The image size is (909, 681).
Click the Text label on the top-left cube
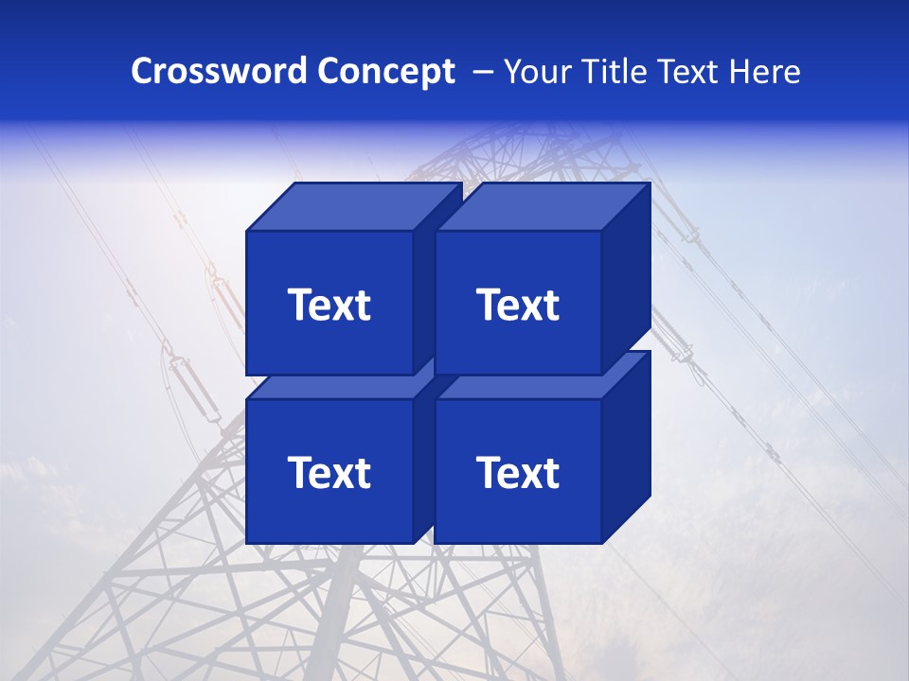pyautogui.click(x=329, y=305)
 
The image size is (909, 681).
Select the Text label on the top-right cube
pyautogui.click(x=517, y=305)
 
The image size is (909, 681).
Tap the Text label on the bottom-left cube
pyautogui.click(x=329, y=473)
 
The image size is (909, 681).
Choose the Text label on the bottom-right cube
pyautogui.click(x=517, y=473)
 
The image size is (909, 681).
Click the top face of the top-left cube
pyautogui.click(x=352, y=207)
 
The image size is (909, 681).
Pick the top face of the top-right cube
pyautogui.click(x=542, y=207)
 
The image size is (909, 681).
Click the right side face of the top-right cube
pyautogui.click(x=626, y=279)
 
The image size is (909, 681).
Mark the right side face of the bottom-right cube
pyautogui.click(x=626, y=447)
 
